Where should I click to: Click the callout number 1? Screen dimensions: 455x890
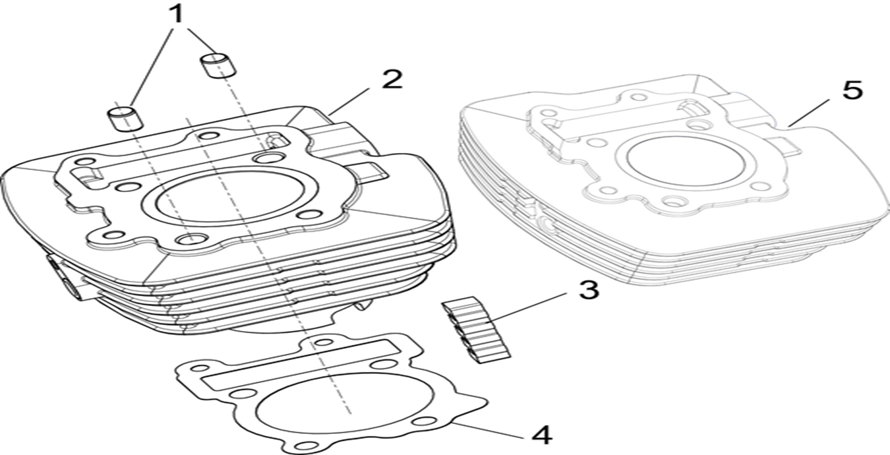(x=176, y=15)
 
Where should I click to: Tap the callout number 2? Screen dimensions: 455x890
(x=391, y=79)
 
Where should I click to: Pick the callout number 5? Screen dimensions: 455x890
(x=852, y=90)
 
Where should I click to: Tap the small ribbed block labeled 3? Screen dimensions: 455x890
(x=476, y=330)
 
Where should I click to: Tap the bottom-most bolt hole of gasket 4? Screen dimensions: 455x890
(x=305, y=444)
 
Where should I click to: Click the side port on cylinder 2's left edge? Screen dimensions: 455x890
(x=66, y=278)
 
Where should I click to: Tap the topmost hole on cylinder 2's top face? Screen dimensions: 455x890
(x=209, y=136)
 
